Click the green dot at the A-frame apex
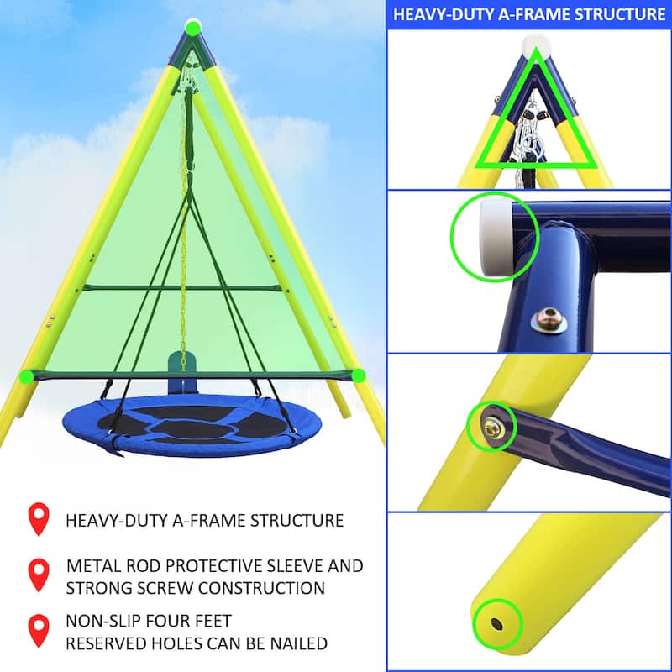[193, 28]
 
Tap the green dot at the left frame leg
[26, 376]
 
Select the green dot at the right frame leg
[359, 375]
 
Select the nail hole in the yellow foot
[496, 623]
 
